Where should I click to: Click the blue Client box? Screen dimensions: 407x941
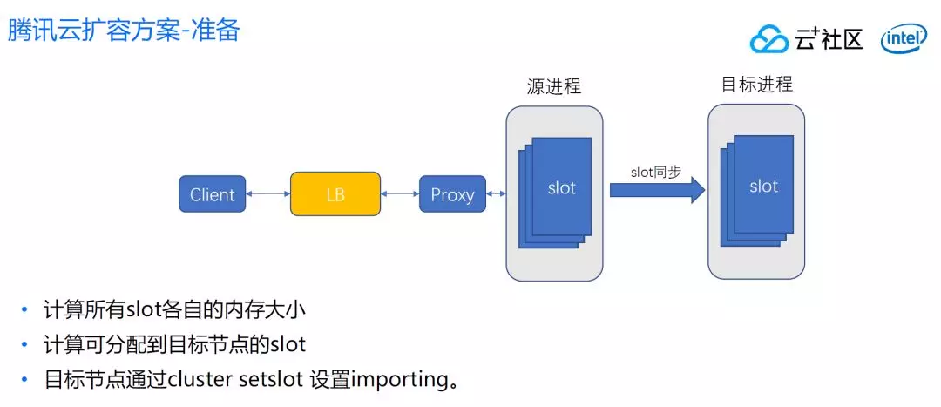click(x=213, y=194)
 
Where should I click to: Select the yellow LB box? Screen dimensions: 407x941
click(x=335, y=193)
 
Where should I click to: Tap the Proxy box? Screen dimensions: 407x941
click(x=452, y=194)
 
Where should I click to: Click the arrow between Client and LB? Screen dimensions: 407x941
click(x=267, y=193)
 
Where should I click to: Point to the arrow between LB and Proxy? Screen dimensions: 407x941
click(x=400, y=193)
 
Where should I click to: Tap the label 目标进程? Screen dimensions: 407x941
click(x=756, y=85)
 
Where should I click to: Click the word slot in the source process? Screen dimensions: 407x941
click(x=561, y=187)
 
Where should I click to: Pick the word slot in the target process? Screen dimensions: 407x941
click(x=763, y=186)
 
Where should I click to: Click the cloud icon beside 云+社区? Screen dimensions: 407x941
click(x=768, y=38)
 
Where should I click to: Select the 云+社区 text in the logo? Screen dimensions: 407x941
click(x=829, y=38)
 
